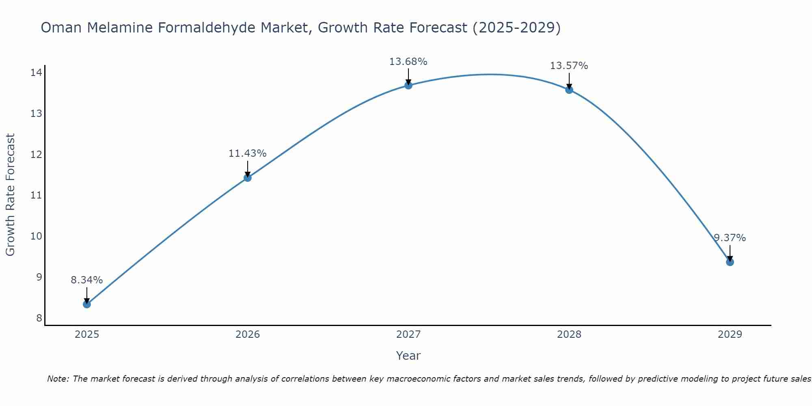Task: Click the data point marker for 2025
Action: pyautogui.click(x=87, y=304)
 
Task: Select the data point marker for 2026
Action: pyautogui.click(x=248, y=177)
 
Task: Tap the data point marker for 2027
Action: pyautogui.click(x=408, y=85)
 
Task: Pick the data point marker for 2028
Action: pyautogui.click(x=569, y=90)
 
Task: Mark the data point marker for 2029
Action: pyautogui.click(x=730, y=262)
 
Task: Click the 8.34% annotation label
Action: pyautogui.click(x=87, y=280)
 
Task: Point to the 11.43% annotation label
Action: pyautogui.click(x=248, y=153)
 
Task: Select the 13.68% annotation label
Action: pyautogui.click(x=408, y=62)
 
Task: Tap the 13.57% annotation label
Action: pyautogui.click(x=569, y=66)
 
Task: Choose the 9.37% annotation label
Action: pyautogui.click(x=730, y=238)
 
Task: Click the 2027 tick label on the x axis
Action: pyautogui.click(x=408, y=335)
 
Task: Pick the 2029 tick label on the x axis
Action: pyautogui.click(x=730, y=335)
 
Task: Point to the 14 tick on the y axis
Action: pyautogui.click(x=36, y=73)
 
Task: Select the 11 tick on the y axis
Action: pyautogui.click(x=36, y=195)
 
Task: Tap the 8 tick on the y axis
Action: pyautogui.click(x=39, y=318)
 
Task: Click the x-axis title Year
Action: pyautogui.click(x=408, y=356)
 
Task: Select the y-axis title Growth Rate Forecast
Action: pyautogui.click(x=11, y=195)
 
